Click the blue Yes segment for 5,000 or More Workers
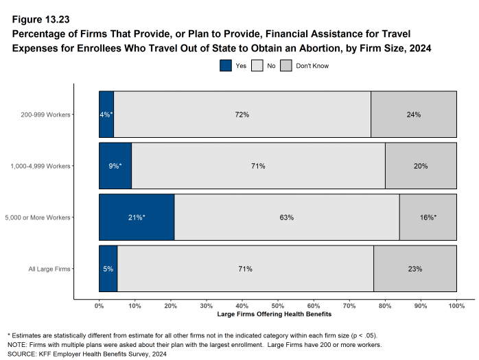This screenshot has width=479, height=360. pyautogui.click(x=137, y=217)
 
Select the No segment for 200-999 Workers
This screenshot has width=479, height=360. pyautogui.click(x=242, y=115)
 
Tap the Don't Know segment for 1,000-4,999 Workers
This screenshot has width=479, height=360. pyautogui.click(x=421, y=166)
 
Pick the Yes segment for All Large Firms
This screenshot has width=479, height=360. pyautogui.click(x=108, y=269)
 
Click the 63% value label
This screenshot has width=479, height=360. pyautogui.click(x=287, y=217)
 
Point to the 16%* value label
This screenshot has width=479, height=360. pyautogui.click(x=428, y=217)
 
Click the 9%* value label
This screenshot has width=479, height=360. pyautogui.click(x=115, y=166)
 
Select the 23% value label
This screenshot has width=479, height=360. pyautogui.click(x=415, y=269)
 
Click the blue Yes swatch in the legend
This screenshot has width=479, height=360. pyautogui.click(x=226, y=66)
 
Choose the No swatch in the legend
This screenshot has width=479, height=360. pyautogui.click(x=258, y=66)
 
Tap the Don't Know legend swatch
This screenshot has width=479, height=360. pyautogui.click(x=287, y=66)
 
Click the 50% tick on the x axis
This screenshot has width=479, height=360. pyautogui.click(x=278, y=306)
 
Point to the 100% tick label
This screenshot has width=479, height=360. pyautogui.click(x=456, y=306)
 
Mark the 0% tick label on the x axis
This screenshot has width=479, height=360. pyautogui.click(x=99, y=306)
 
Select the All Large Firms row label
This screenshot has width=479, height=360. pyautogui.click(x=51, y=269)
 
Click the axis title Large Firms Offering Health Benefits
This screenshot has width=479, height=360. pyautogui.click(x=274, y=314)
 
